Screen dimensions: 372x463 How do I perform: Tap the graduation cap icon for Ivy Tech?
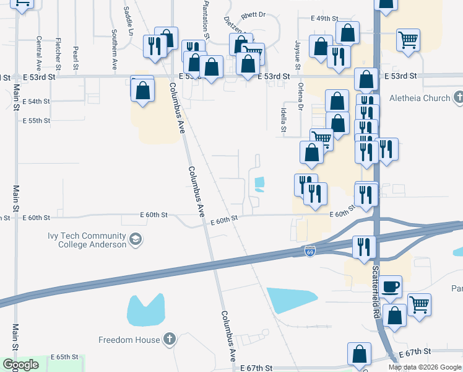tap(135, 239)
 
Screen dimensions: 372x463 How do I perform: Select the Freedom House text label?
tap(128, 340)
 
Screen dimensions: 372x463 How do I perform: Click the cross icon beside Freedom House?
tap(169, 339)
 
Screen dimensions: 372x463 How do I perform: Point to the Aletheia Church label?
tap(419, 98)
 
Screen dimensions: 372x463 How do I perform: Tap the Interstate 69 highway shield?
tap(310, 251)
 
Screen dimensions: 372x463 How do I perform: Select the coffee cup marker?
tap(391, 286)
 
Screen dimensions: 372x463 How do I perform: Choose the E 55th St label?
tap(35, 121)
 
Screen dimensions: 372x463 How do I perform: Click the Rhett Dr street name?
tap(253, 14)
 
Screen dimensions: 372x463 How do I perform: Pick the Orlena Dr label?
tap(300, 96)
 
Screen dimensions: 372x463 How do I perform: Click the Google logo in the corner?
tap(21, 365)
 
